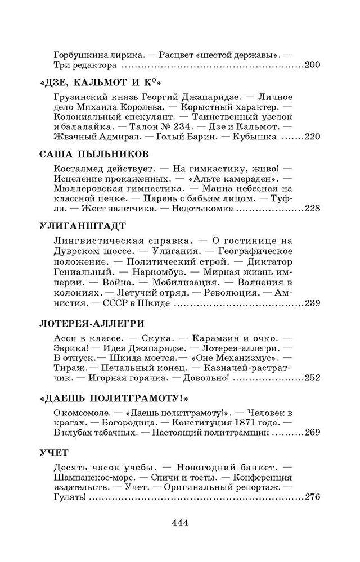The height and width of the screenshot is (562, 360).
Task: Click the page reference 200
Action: pyautogui.click(x=312, y=65)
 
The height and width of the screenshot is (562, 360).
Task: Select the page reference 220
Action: pyautogui.click(x=312, y=137)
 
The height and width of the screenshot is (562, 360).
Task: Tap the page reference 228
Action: pyautogui.click(x=312, y=209)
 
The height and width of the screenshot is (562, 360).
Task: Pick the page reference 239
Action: pyautogui.click(x=312, y=304)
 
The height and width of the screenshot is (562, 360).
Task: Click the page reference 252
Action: pyautogui.click(x=312, y=379)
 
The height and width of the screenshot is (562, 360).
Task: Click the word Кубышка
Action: pyautogui.click(x=258, y=137)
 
